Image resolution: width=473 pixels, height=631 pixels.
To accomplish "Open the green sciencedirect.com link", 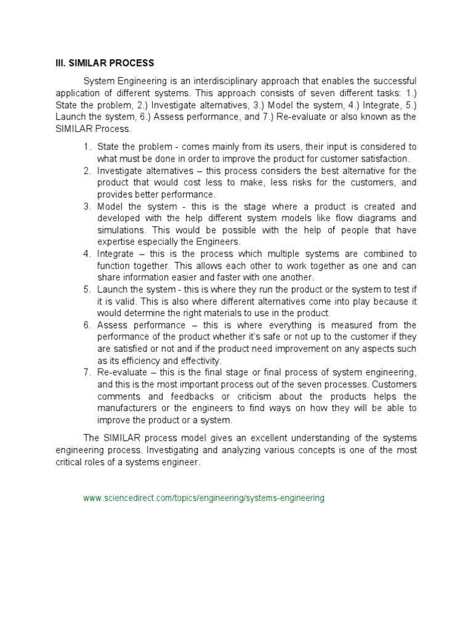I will [204, 497].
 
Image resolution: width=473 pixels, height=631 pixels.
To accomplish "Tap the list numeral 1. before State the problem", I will [87, 147].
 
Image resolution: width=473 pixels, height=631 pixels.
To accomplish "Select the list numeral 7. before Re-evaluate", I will [87, 373].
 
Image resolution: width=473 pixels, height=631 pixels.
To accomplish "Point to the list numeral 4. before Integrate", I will [87, 254].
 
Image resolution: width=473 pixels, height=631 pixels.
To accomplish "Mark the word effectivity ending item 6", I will [198, 360].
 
